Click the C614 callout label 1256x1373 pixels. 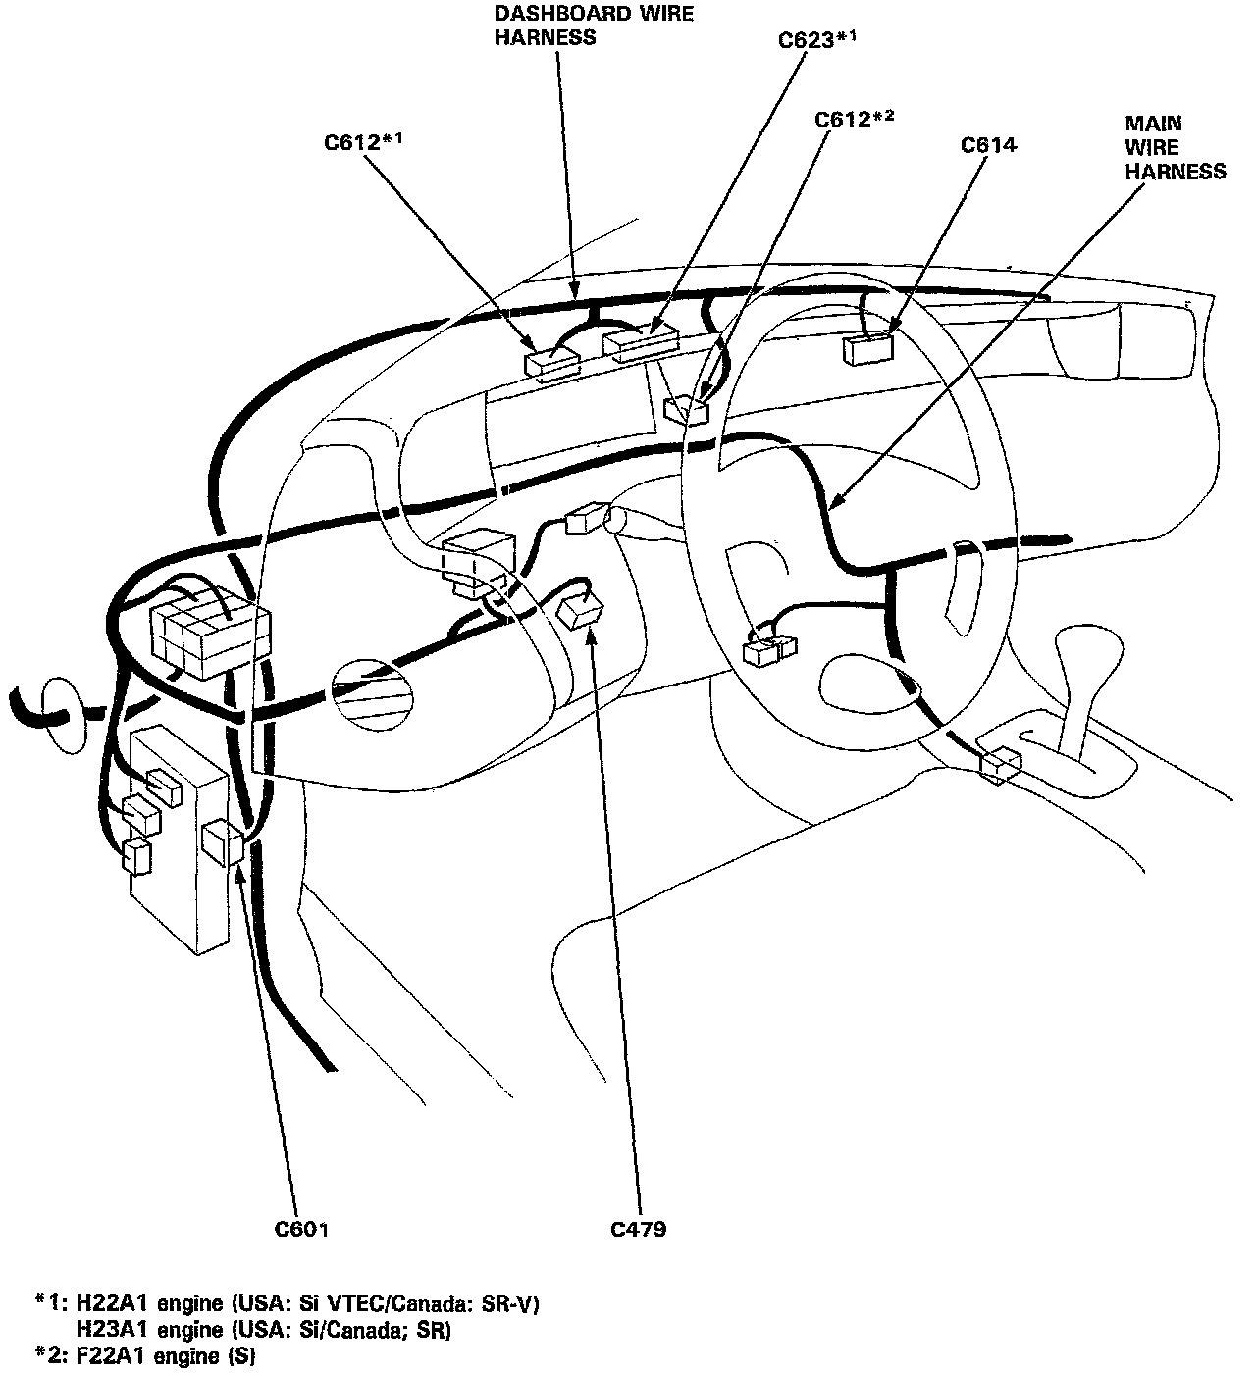pos(988,146)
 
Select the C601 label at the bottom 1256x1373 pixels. pos(301,1229)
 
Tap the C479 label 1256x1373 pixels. pos(638,1229)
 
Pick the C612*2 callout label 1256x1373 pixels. pos(855,120)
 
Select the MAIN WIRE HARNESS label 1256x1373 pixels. pos(1174,147)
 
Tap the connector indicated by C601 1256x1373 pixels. pos(224,842)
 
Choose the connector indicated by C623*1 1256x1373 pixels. pos(641,343)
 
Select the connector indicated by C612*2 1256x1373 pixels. pos(687,409)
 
